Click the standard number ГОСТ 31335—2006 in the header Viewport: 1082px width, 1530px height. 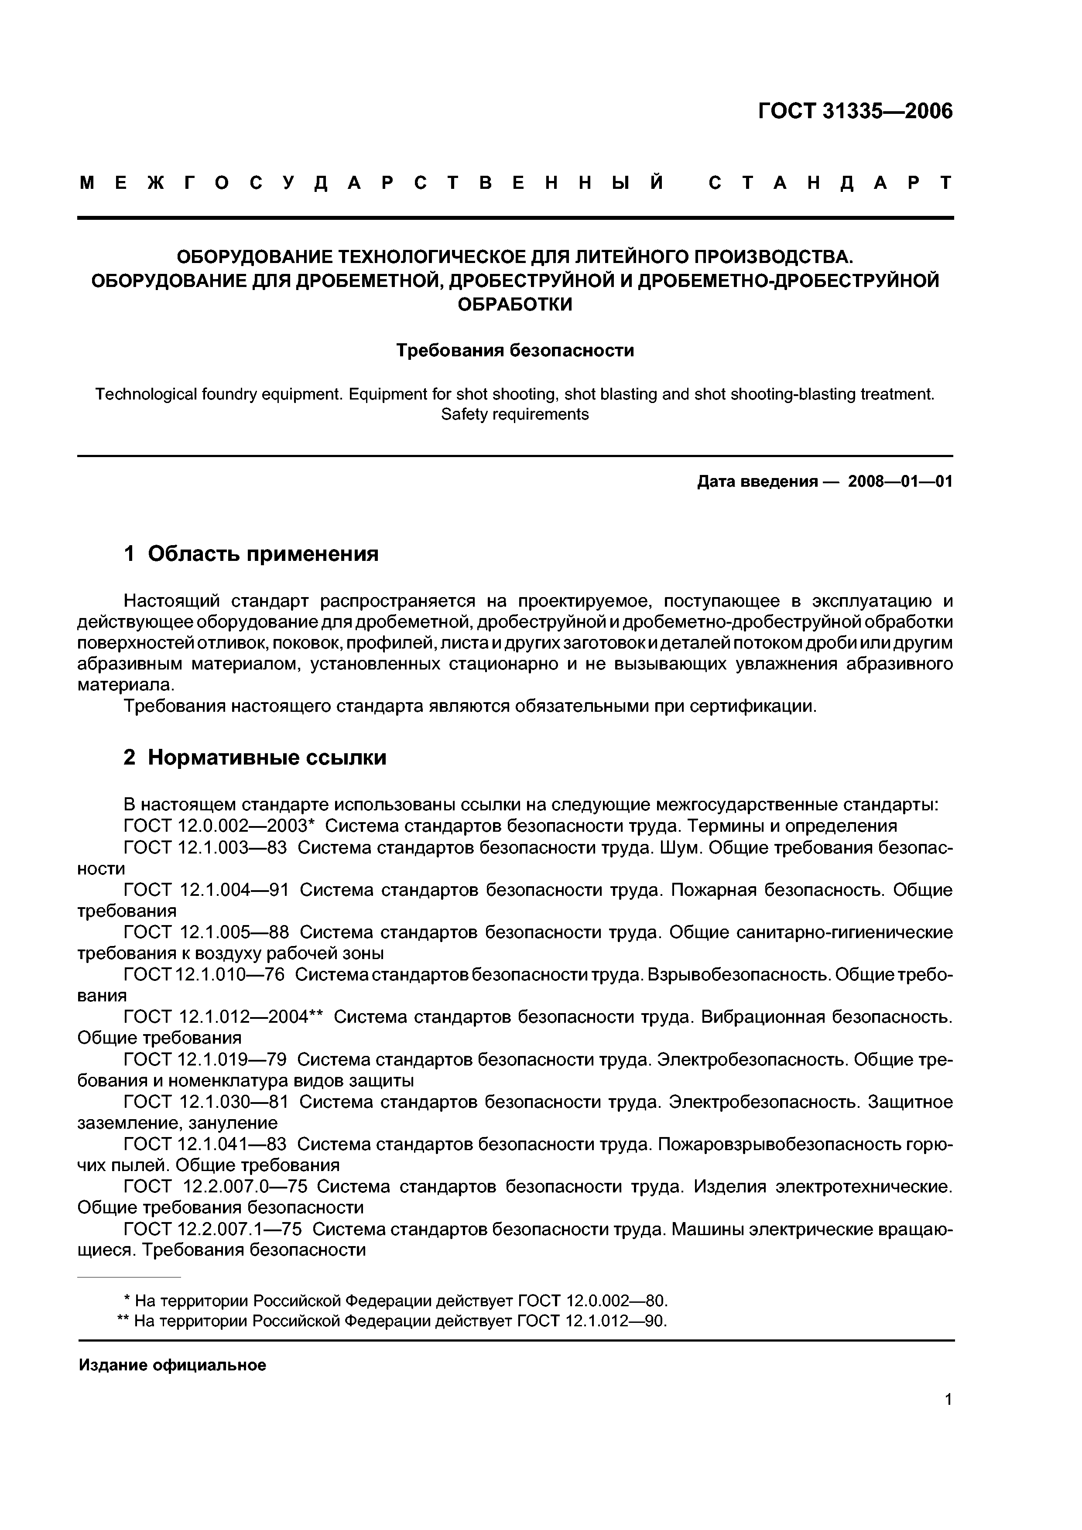pyautogui.click(x=855, y=111)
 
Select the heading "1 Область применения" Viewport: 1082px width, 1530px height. pyautogui.click(x=251, y=554)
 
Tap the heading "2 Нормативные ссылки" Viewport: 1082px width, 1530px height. pyautogui.click(x=255, y=758)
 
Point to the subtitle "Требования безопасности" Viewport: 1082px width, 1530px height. pyautogui.click(x=515, y=351)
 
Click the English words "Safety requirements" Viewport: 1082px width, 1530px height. pyautogui.click(x=515, y=414)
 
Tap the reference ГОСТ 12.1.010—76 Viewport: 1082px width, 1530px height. pyautogui.click(x=204, y=974)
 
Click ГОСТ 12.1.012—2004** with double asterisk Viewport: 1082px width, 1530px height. pyautogui.click(x=223, y=1017)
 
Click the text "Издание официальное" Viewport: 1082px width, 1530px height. pyautogui.click(x=172, y=1366)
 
